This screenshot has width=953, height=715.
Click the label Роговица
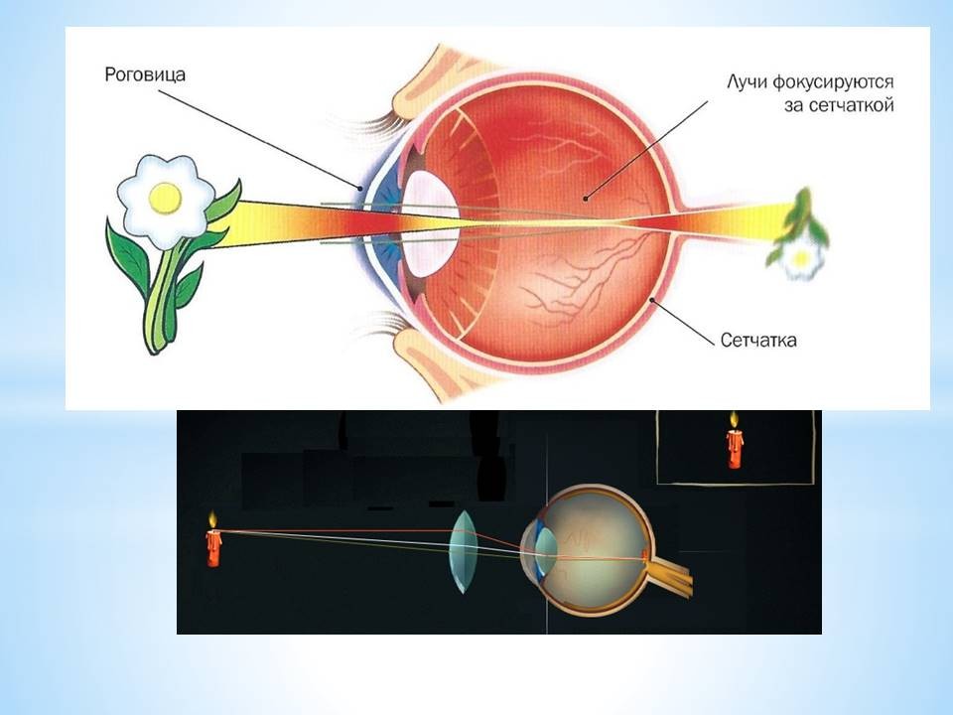[145, 74]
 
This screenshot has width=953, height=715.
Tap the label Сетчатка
[758, 340]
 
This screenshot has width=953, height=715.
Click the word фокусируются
[834, 81]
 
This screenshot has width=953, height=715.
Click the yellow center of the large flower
[166, 199]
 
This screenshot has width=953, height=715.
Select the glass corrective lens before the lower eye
[464, 551]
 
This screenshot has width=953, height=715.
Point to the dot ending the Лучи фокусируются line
[586, 199]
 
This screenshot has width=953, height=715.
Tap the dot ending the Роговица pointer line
[361, 189]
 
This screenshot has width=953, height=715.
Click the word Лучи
[747, 82]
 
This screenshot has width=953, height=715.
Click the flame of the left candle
[212, 520]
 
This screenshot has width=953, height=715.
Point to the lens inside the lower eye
[546, 549]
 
